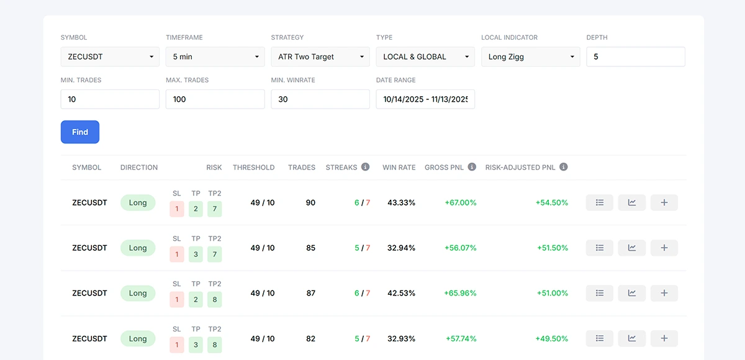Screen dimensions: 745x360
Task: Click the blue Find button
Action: coord(80,132)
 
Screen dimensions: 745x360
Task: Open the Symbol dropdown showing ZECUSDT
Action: coord(110,56)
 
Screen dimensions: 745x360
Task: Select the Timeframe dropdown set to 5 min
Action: coord(215,56)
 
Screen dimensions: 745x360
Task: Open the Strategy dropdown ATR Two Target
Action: coord(320,56)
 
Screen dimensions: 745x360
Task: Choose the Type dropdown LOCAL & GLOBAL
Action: coord(425,56)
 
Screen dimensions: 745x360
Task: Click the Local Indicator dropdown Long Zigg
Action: coord(530,56)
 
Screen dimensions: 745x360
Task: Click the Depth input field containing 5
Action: coord(636,56)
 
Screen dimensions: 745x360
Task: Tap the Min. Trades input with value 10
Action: coord(110,99)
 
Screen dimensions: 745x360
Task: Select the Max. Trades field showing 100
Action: coord(215,99)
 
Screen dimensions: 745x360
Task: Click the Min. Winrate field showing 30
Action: coord(320,99)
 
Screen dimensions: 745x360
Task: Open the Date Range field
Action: coord(425,99)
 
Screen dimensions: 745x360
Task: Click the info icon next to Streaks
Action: coord(365,167)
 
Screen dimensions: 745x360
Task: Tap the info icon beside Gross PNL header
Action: coord(472,167)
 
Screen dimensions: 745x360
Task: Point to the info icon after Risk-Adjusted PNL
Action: coord(564,167)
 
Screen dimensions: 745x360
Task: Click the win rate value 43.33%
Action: coord(401,202)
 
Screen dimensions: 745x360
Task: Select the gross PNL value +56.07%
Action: coord(460,248)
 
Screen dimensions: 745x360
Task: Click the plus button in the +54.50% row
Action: coord(664,202)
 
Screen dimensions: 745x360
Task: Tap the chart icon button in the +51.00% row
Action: coord(631,293)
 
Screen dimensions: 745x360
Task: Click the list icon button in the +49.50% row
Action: coord(599,338)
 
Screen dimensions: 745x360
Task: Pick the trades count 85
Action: coord(310,248)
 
